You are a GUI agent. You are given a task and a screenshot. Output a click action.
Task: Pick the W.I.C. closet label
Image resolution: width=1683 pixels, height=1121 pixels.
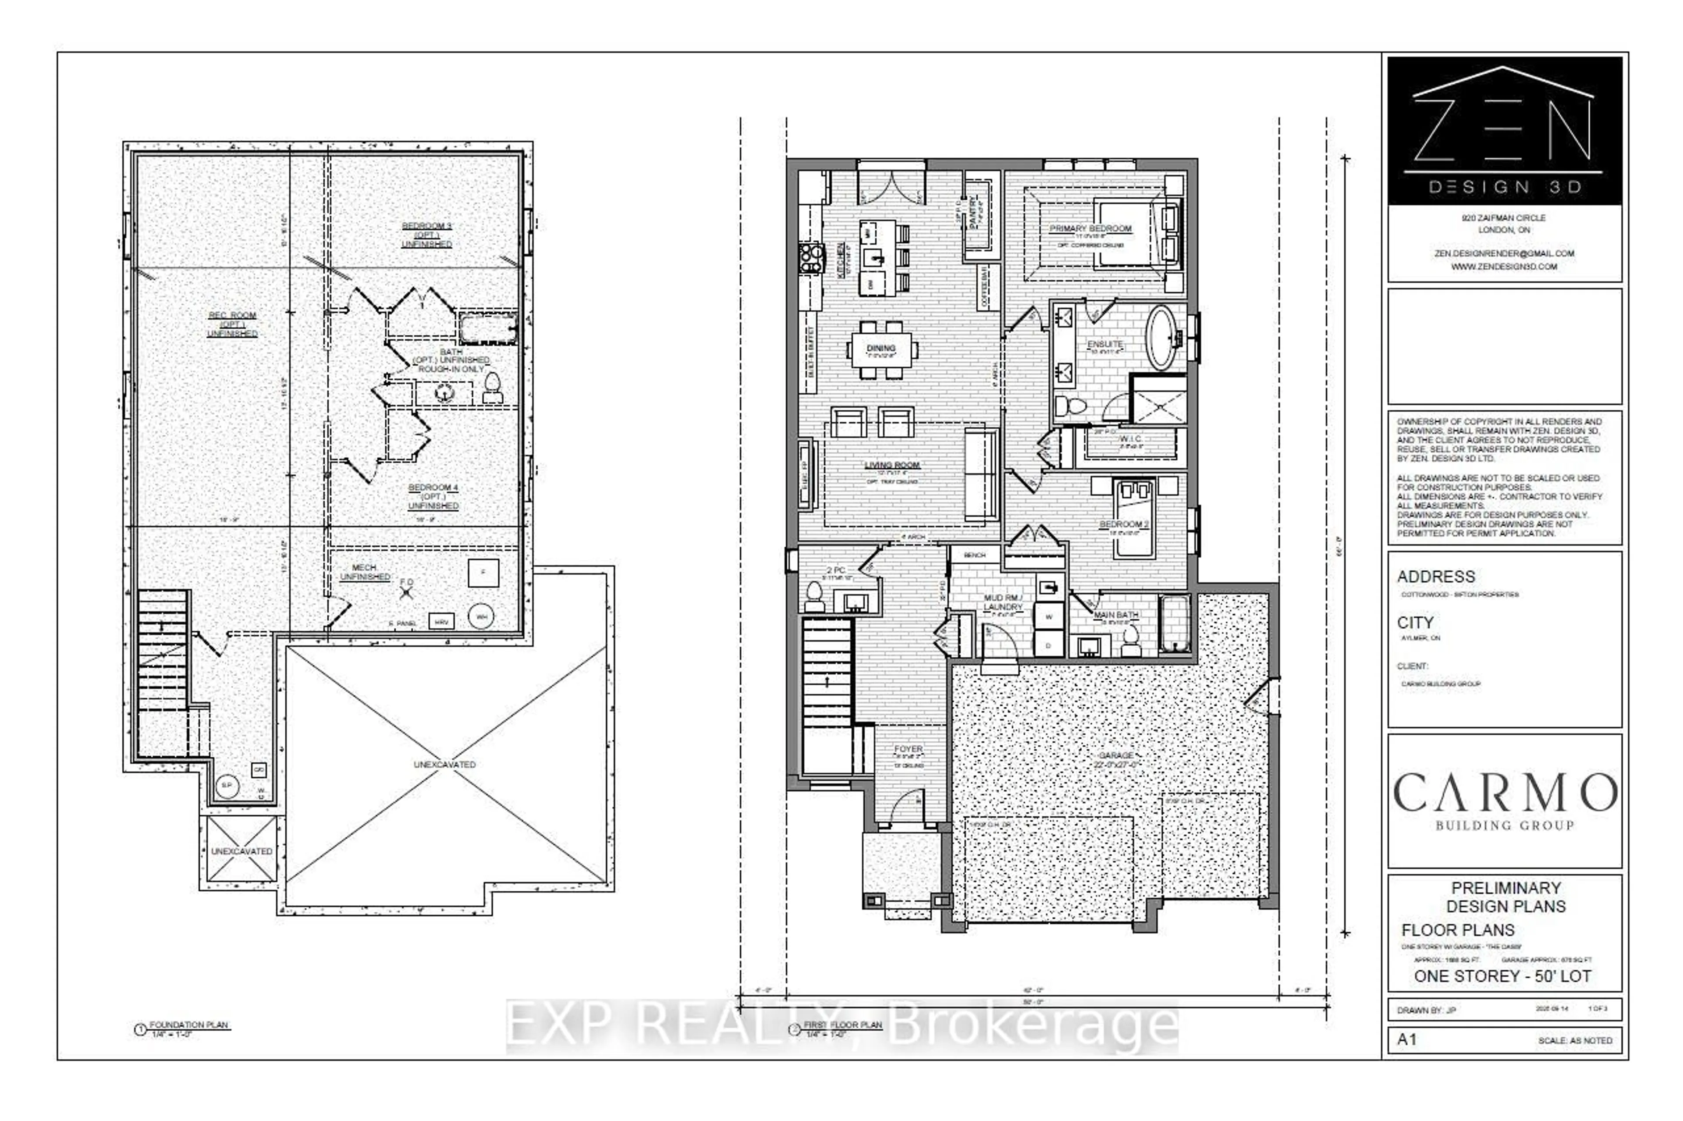1130,439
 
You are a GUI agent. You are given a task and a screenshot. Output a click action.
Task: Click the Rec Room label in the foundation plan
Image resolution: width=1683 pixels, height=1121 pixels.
232,315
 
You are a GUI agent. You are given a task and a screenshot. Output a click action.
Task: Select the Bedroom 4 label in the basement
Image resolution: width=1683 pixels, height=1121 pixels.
432,488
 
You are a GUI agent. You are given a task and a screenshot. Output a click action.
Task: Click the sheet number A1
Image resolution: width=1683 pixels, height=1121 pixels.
1406,1039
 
